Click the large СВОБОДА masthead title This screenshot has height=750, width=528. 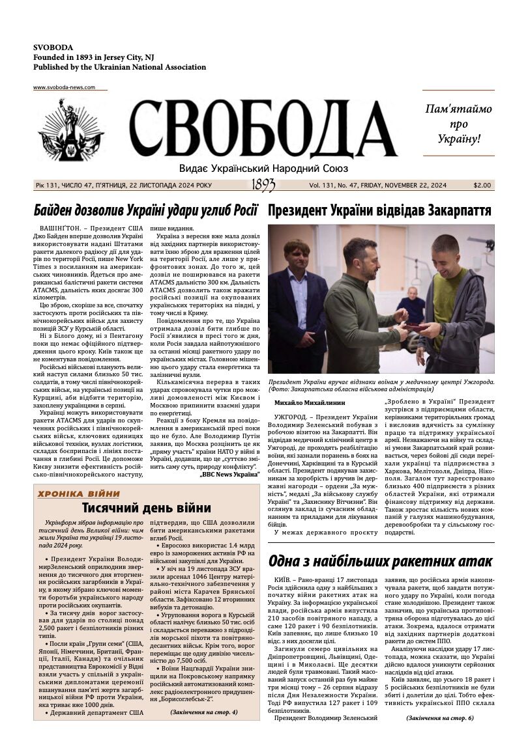[263, 130]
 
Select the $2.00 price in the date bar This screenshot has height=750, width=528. [482, 186]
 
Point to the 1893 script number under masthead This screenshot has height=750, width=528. [263, 186]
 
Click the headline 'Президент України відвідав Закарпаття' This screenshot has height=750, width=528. [379, 210]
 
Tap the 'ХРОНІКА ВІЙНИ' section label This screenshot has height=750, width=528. [78, 493]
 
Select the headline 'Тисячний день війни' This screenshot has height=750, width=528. [147, 508]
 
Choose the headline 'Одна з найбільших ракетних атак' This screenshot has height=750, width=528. [380, 561]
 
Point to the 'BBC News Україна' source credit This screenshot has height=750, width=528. [229, 474]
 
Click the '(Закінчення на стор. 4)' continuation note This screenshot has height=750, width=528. [204, 712]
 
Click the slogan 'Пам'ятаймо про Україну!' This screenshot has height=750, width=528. [458, 124]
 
